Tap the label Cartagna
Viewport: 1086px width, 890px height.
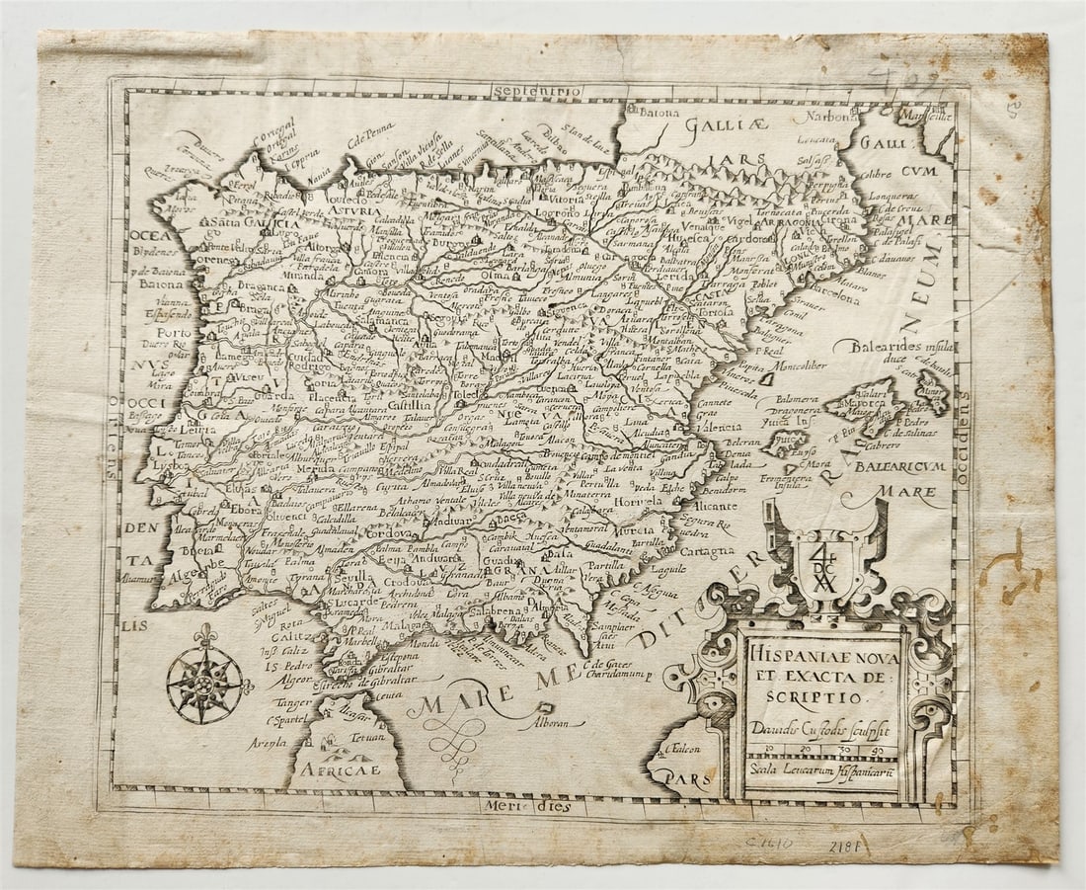[x=709, y=550]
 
